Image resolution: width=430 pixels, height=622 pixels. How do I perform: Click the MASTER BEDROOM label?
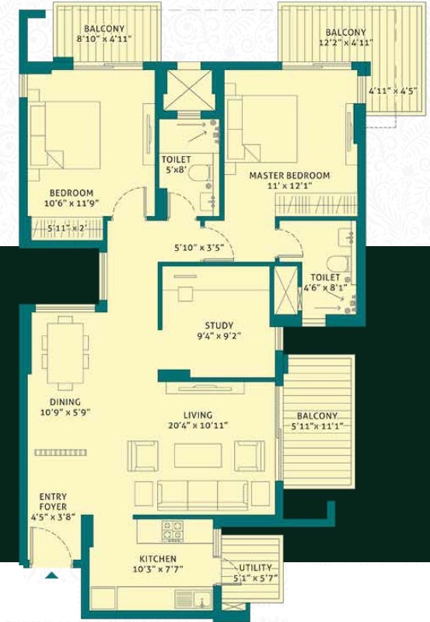pos(289,175)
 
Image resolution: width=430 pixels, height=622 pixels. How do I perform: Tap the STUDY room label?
pos(218,325)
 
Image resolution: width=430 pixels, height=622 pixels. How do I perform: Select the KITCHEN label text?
pos(158,559)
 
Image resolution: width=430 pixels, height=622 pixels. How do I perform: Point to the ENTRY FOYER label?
pos(53,502)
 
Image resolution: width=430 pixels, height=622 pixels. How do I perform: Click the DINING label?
pos(65,401)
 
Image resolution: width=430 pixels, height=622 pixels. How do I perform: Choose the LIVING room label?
pos(198,415)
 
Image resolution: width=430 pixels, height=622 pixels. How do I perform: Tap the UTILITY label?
pos(255,568)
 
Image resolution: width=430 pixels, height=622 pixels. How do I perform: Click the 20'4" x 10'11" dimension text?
pos(198,426)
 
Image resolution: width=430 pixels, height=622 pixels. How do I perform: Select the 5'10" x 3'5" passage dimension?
pos(199,248)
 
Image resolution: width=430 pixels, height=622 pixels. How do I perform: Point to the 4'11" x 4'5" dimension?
pos(392,91)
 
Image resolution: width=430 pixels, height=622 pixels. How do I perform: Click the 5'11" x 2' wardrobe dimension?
pos(67,228)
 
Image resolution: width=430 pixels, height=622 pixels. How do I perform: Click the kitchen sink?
pos(193,599)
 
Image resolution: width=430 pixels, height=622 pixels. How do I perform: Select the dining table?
pos(65,353)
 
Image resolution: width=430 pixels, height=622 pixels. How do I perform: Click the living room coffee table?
pos(198,455)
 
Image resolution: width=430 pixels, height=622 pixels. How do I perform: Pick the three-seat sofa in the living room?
pos(202,495)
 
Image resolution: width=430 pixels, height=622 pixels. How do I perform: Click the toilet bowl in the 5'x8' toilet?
pos(198,173)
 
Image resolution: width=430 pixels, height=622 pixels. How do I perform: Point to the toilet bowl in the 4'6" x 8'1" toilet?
pos(338,263)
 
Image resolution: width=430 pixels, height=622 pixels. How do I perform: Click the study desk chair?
pos(185,294)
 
